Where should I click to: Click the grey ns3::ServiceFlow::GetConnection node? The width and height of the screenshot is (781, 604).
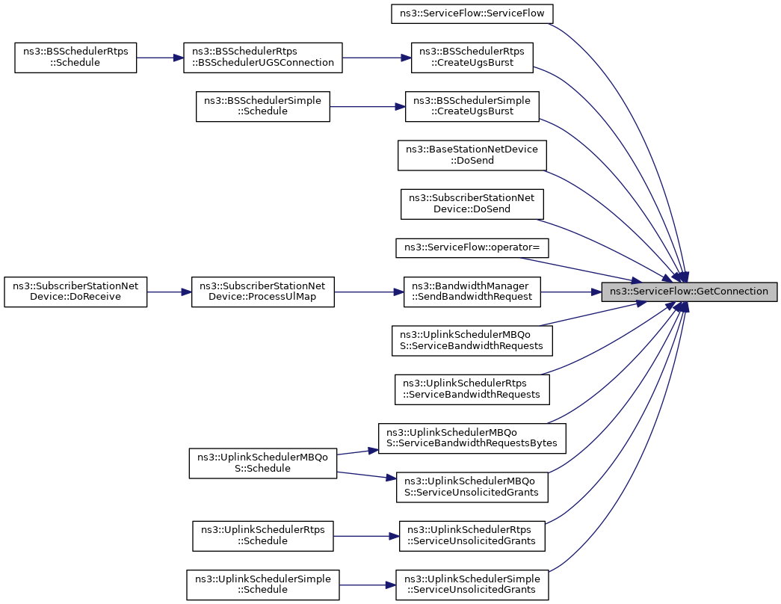point(689,292)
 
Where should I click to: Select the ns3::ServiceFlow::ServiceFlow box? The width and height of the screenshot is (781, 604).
point(472,13)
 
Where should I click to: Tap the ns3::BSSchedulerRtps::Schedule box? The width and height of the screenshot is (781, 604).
point(75,58)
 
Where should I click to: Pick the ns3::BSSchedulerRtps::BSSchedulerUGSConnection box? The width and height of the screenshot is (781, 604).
point(262,58)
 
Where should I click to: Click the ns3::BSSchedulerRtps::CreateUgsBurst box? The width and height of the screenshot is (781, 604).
point(472,58)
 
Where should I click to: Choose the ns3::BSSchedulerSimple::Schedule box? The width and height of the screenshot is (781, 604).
point(262,106)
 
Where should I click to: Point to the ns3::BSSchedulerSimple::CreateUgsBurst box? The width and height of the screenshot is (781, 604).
point(472,106)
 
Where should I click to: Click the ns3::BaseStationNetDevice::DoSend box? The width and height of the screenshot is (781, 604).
point(472,155)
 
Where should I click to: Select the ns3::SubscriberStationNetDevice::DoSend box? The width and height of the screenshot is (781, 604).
point(472,204)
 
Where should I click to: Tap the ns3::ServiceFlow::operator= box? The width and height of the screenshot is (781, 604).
point(472,247)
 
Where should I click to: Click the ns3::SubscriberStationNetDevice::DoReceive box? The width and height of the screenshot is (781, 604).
point(75,292)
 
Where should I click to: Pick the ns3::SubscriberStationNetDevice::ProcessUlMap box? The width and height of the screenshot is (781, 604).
point(262,292)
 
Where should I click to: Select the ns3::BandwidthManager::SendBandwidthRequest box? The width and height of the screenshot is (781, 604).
point(472,292)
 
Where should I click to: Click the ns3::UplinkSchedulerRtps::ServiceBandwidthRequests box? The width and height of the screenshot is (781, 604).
point(472,389)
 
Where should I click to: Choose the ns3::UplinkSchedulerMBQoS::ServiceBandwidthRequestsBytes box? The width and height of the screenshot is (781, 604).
point(472,438)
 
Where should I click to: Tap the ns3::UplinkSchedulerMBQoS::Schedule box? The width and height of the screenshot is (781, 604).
point(262,463)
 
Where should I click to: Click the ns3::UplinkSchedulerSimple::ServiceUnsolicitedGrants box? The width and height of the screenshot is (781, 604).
point(472,585)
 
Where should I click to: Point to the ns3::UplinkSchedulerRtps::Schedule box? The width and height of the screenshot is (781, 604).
point(262,536)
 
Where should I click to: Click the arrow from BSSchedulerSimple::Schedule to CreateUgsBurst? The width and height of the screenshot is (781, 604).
point(368,106)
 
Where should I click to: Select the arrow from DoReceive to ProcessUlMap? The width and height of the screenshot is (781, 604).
point(170,292)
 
